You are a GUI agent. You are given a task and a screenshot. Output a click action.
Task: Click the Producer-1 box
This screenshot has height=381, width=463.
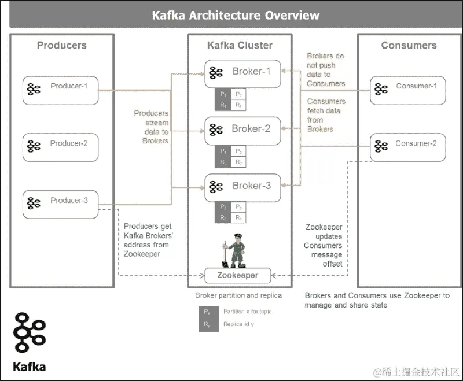tap(60, 90)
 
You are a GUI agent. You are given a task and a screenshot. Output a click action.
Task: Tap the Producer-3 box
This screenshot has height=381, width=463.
tap(60, 204)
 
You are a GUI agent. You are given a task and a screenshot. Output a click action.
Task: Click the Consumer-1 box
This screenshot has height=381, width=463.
tap(407, 90)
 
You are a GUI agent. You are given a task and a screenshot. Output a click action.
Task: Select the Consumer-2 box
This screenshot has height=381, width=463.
tap(407, 147)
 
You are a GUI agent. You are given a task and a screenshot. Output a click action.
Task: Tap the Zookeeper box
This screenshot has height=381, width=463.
tap(238, 275)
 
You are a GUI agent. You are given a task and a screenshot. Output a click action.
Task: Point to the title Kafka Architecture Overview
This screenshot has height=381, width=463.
tap(236, 15)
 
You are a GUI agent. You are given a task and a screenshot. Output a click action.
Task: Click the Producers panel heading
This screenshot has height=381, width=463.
tap(61, 45)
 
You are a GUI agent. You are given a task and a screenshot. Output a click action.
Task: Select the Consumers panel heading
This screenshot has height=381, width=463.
tap(409, 45)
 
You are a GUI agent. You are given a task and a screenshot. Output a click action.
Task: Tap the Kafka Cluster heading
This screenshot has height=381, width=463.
tap(240, 45)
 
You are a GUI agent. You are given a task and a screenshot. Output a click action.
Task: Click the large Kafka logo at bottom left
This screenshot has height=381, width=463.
tap(30, 336)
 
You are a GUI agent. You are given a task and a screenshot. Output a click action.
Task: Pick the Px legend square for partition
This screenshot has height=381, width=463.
tap(207, 312)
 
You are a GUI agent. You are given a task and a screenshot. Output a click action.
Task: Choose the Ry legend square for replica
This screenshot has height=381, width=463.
tap(207, 324)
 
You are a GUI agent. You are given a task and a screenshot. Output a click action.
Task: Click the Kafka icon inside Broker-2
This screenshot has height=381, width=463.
tap(216, 130)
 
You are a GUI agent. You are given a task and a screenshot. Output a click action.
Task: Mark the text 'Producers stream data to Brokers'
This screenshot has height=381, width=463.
tap(152, 127)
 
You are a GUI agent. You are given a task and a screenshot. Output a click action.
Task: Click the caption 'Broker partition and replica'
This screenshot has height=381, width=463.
tap(238, 295)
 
